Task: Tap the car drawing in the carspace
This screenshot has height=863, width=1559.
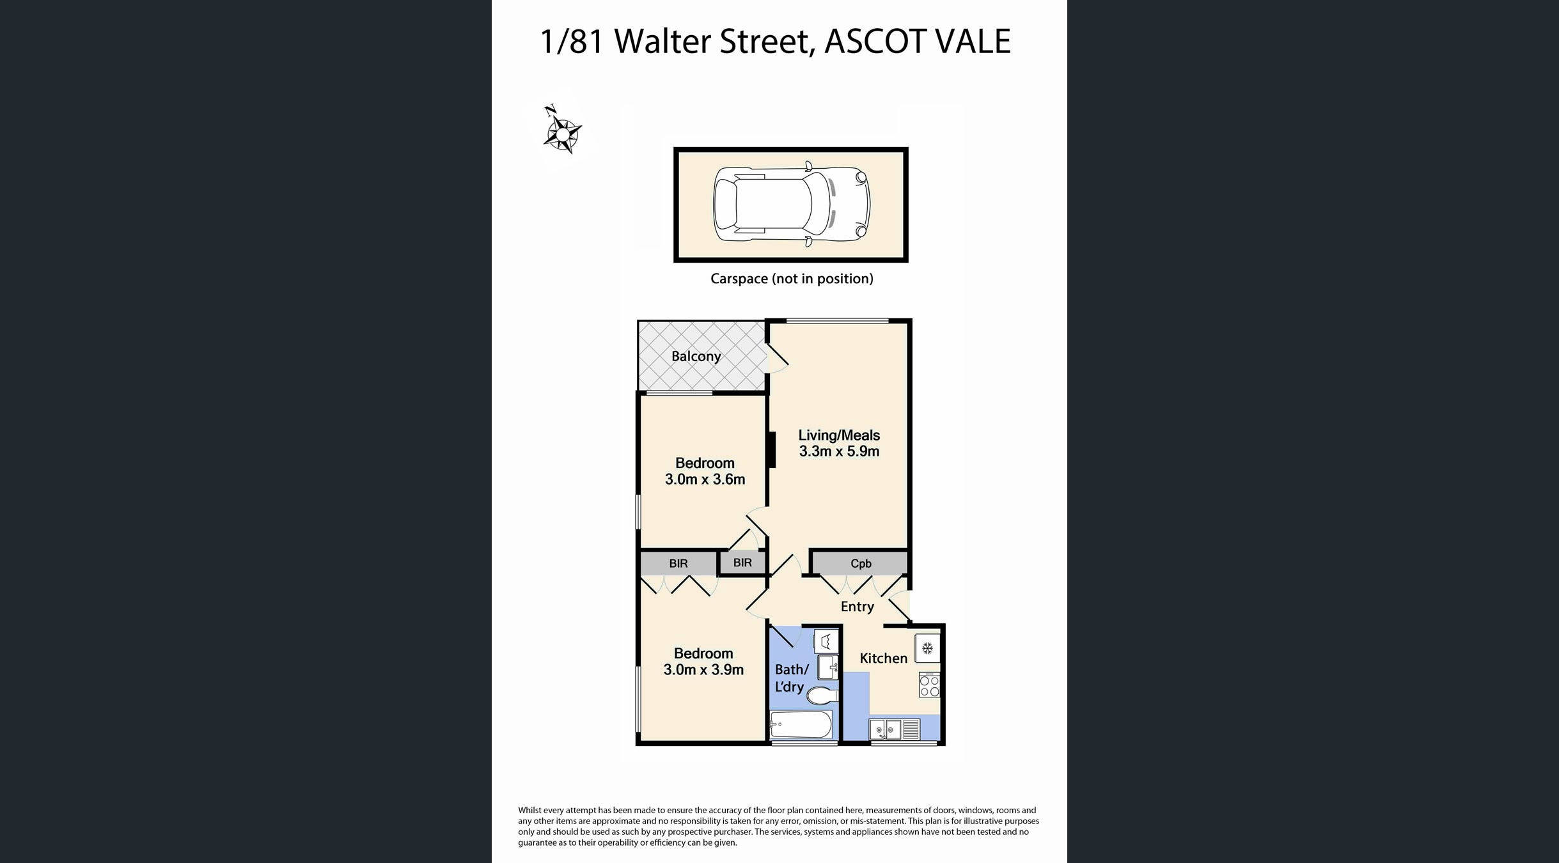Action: pyautogui.click(x=791, y=205)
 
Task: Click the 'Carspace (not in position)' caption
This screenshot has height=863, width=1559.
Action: pyautogui.click(x=791, y=279)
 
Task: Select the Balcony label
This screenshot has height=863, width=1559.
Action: pyautogui.click(x=696, y=356)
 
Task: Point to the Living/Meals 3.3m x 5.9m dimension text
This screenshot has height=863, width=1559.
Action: pyautogui.click(x=839, y=451)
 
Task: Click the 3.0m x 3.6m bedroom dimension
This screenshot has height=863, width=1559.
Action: pyautogui.click(x=705, y=479)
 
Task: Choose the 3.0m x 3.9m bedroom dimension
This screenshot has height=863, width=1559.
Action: pyautogui.click(x=703, y=670)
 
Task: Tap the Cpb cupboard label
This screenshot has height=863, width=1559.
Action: pyautogui.click(x=860, y=563)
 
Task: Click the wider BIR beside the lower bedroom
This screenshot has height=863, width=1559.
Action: pyautogui.click(x=678, y=563)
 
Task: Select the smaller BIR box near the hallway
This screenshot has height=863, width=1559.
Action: pyautogui.click(x=742, y=563)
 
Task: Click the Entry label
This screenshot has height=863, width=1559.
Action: pyautogui.click(x=857, y=607)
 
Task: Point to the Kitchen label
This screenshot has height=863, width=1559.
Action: pyautogui.click(x=883, y=658)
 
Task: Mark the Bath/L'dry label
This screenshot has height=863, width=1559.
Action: pyautogui.click(x=791, y=678)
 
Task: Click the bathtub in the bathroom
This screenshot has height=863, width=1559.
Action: pyautogui.click(x=801, y=725)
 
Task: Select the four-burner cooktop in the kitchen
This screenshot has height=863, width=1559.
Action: pyautogui.click(x=929, y=685)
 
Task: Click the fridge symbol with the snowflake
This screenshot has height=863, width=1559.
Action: pyautogui.click(x=927, y=649)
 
